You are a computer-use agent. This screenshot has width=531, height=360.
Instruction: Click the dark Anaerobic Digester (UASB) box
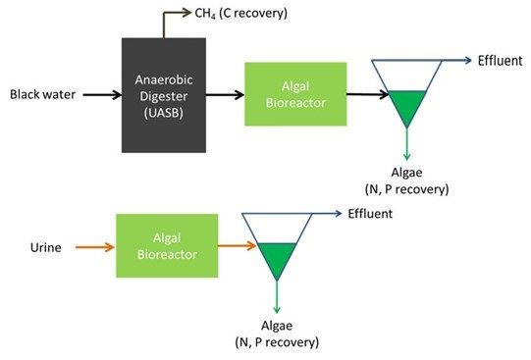(x=163, y=94)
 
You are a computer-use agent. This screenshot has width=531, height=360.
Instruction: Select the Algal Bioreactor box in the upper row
(x=295, y=94)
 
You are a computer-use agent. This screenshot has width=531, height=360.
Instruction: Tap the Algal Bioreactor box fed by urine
(x=166, y=245)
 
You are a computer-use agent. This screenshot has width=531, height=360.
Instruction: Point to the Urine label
(x=45, y=247)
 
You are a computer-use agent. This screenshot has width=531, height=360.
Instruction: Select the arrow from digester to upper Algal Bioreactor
(x=225, y=95)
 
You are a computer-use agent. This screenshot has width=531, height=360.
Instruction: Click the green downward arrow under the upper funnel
(x=405, y=145)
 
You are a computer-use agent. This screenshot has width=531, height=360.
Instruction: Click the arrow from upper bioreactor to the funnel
(x=367, y=95)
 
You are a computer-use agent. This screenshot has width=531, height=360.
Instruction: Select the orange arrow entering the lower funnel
(x=238, y=247)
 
